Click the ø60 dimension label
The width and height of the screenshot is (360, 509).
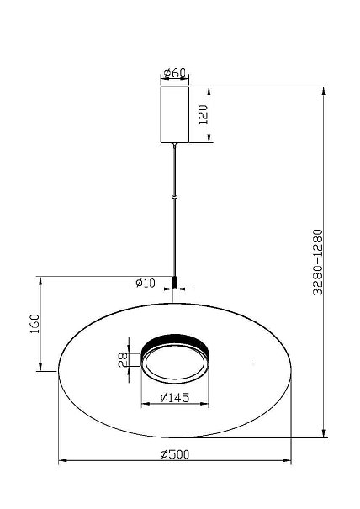point(175,72)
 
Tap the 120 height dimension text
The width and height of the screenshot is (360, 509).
point(203,114)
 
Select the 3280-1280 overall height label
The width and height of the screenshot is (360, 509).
point(318,262)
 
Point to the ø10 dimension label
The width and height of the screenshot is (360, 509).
point(146,283)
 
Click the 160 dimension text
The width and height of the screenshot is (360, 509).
point(34,324)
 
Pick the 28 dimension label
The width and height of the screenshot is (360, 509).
point(123,360)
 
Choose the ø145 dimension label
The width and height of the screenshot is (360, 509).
point(175,397)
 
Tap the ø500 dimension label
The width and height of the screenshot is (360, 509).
point(175,454)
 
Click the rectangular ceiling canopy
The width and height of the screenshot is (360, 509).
point(175,114)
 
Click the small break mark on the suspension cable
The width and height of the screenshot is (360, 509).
point(175,197)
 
